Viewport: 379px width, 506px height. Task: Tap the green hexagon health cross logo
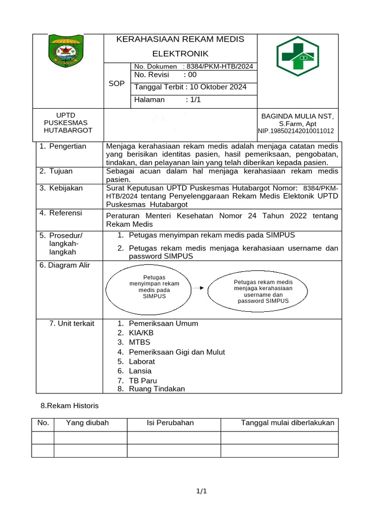[298, 56]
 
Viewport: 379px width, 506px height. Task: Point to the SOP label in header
[116, 84]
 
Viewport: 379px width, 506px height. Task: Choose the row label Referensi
[65, 213]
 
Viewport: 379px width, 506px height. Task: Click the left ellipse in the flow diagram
[154, 287]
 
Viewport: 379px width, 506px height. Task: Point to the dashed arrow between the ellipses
[198, 288]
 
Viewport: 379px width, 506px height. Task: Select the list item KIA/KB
[141, 333]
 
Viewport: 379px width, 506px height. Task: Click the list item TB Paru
[143, 380]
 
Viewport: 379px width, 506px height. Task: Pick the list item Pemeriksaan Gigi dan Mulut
[177, 352]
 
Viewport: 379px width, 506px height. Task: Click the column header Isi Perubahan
[170, 422]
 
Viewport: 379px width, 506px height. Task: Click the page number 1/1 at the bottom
[201, 491]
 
